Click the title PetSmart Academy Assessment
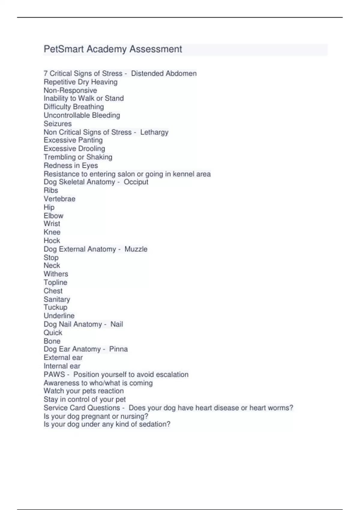113,49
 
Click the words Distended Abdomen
164,73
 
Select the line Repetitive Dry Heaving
80,82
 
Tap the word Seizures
58,124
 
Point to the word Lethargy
154,132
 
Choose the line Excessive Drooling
74,149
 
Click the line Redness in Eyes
71,166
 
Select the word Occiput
136,182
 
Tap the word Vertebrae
59,199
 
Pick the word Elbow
53,216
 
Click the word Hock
52,241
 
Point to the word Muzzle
136,249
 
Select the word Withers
56,274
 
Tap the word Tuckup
55,307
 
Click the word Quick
53,333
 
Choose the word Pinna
118,349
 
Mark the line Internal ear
62,366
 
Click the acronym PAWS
54,374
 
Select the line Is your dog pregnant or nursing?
96,416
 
